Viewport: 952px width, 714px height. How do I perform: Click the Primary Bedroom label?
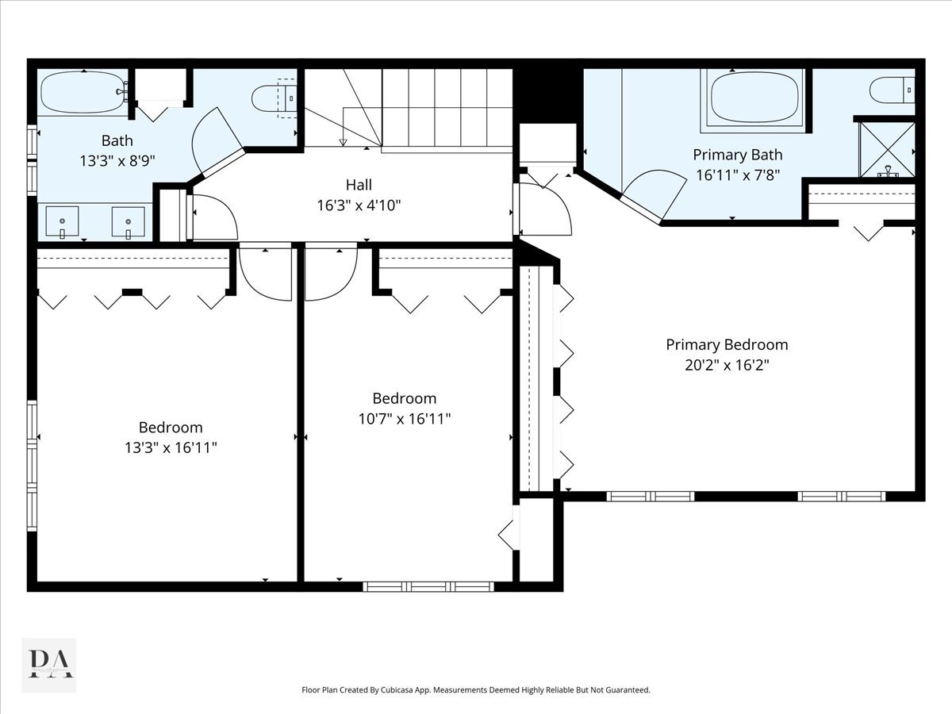click(727, 344)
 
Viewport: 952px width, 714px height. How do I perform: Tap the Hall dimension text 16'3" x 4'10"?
click(359, 205)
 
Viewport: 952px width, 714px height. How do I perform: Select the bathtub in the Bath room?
click(83, 92)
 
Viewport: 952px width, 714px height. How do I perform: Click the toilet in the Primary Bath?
click(892, 90)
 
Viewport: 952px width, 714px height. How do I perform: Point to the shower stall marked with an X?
click(888, 150)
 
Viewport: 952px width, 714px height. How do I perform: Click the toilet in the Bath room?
click(273, 98)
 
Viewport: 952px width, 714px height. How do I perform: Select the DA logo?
click(48, 664)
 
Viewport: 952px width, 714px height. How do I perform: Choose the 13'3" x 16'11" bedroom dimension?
click(171, 447)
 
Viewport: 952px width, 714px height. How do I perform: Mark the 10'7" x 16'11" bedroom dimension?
click(405, 419)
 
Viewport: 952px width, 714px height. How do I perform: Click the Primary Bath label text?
click(738, 155)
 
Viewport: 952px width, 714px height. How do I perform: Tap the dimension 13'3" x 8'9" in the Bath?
click(117, 161)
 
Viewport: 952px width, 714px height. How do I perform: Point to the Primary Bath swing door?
click(654, 195)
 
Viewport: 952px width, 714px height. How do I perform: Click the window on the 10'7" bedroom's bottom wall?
click(428, 587)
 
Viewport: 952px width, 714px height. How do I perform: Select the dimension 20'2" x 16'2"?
click(727, 365)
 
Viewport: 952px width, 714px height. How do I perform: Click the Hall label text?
click(359, 185)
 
